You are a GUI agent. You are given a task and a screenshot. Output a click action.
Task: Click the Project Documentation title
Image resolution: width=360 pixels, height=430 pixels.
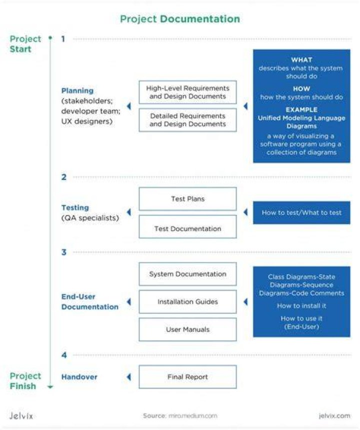click(180, 19)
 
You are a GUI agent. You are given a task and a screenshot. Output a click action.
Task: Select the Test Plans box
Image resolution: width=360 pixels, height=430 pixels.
click(188, 199)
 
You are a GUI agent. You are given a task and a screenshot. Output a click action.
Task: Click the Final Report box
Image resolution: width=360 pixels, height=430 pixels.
click(188, 377)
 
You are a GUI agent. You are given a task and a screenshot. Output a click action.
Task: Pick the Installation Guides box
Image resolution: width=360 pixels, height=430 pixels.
click(188, 301)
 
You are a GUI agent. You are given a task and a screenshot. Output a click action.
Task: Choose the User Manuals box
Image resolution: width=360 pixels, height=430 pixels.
click(188, 329)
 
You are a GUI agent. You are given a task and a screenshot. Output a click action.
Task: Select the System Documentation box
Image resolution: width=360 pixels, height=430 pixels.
click(188, 274)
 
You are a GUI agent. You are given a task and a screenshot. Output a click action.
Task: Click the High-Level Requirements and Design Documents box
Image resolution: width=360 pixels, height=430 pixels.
click(188, 92)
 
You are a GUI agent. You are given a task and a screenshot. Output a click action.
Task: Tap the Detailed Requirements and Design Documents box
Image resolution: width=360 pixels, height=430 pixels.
click(188, 120)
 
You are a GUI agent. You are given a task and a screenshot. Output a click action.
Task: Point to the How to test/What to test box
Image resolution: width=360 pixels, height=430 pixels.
click(301, 212)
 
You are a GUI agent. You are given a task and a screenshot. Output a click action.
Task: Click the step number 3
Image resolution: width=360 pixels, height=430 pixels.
click(64, 252)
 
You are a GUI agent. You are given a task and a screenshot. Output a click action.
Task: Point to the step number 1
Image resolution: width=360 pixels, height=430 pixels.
click(63, 39)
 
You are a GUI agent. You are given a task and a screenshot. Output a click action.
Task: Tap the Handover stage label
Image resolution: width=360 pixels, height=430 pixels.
click(79, 377)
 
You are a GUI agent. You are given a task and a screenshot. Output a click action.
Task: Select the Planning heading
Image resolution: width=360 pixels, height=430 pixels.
click(77, 90)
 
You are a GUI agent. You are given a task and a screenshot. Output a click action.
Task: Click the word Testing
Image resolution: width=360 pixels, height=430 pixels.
click(75, 207)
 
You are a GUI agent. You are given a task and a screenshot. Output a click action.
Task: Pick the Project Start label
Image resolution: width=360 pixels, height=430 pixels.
click(25, 44)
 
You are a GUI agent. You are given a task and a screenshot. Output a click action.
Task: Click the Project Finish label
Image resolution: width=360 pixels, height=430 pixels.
click(25, 381)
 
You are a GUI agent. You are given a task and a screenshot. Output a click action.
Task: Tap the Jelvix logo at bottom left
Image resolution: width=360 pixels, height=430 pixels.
click(21, 415)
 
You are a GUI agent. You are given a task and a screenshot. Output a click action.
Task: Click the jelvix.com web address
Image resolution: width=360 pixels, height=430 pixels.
click(334, 415)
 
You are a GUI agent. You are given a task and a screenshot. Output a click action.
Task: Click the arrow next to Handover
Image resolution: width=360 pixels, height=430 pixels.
click(129, 377)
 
